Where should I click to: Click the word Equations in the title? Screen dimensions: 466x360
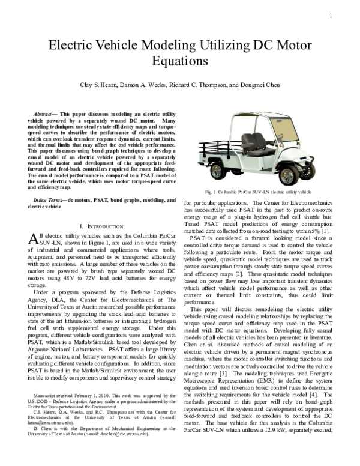coord(180,61)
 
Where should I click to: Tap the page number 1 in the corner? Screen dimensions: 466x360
coord(331,16)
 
